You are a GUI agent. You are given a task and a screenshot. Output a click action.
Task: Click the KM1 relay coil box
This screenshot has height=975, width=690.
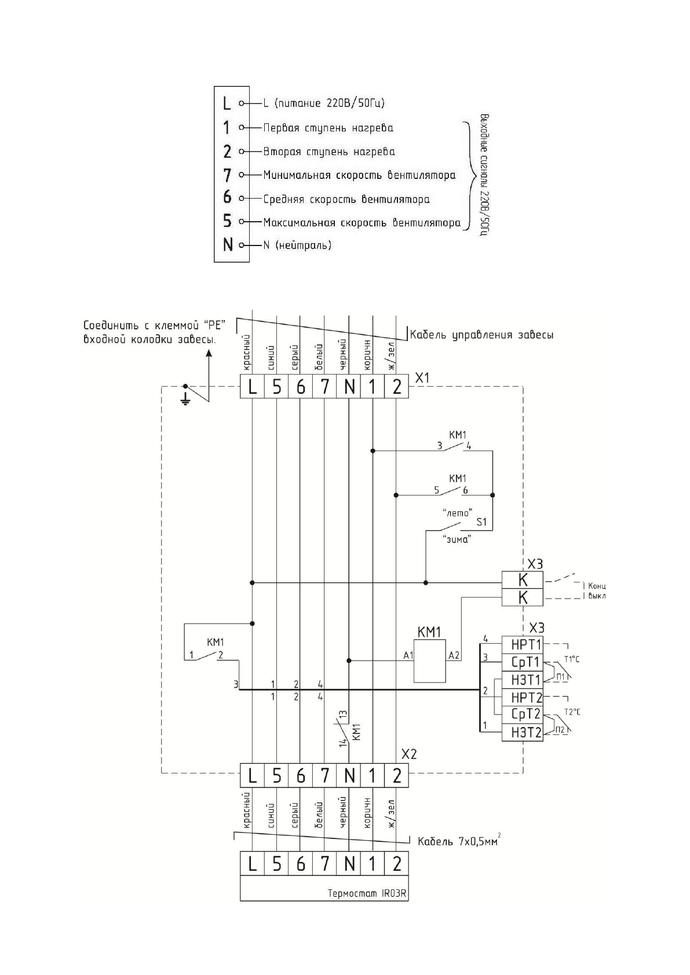click(429, 661)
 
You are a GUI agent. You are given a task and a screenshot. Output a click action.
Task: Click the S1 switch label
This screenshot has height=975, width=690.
click(481, 522)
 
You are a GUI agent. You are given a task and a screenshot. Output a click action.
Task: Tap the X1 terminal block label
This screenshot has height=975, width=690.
click(423, 377)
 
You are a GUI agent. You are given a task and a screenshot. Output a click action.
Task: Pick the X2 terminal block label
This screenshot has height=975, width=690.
click(409, 754)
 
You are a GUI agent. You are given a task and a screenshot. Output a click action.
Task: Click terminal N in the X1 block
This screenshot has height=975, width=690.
click(349, 387)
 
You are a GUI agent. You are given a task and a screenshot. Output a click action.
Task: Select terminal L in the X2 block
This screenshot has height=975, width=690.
click(252, 775)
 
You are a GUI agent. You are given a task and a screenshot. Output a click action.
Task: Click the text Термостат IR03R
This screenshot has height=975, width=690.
click(367, 909)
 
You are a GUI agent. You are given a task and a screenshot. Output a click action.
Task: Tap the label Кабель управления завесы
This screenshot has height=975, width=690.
click(481, 335)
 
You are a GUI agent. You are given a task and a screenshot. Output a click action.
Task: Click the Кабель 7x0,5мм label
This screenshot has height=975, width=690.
click(457, 841)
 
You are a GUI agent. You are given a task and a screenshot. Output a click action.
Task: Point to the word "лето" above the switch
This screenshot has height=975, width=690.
click(457, 512)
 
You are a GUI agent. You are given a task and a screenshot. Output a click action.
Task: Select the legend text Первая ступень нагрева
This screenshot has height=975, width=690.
click(328, 127)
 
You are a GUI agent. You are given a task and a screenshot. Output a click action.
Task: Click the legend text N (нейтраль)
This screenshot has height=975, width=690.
click(297, 245)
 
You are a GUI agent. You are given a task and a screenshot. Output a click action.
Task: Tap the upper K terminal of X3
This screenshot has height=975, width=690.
click(522, 580)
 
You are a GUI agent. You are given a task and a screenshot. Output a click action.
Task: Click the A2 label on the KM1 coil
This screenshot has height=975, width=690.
click(454, 655)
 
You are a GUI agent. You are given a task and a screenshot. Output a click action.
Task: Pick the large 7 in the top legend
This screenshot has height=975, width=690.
click(227, 174)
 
